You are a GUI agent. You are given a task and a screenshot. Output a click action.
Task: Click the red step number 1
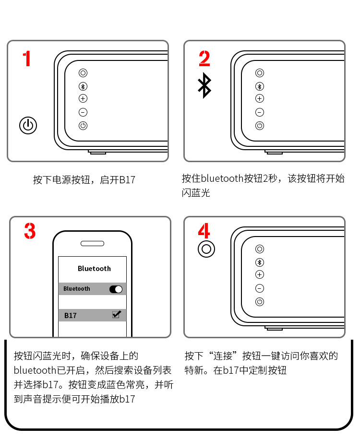point(27,59)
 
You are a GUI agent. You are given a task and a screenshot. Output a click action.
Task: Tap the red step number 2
point(204,59)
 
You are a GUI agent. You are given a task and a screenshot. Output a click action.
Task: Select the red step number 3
point(30,231)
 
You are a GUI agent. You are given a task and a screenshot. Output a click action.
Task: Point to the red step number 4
point(204,230)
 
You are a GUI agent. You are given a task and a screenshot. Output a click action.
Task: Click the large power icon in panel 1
point(28,125)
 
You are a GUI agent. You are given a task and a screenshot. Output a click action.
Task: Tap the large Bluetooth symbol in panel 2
point(204,85)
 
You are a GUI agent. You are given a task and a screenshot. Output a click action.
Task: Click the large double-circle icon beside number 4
point(206,249)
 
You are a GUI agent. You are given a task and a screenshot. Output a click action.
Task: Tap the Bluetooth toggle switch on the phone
point(116,289)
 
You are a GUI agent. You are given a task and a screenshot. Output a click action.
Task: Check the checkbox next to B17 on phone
point(116,314)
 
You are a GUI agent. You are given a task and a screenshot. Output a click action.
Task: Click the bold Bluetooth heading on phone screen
point(95,269)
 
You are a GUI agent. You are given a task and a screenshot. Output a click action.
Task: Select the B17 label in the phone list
point(70,316)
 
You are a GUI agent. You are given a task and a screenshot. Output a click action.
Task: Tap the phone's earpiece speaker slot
point(93,244)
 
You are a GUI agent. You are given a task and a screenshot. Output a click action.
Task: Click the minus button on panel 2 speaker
point(260,112)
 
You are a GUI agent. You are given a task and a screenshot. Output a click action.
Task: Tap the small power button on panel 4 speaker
point(260,301)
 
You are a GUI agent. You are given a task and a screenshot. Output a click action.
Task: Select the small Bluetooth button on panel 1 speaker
point(83,86)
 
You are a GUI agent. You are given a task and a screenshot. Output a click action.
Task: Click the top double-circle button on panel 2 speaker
point(260,73)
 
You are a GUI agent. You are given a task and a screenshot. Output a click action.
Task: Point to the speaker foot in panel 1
point(97,152)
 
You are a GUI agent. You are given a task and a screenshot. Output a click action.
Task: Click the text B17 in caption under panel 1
point(127,180)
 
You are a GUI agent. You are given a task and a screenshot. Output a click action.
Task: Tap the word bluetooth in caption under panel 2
point(222,178)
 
